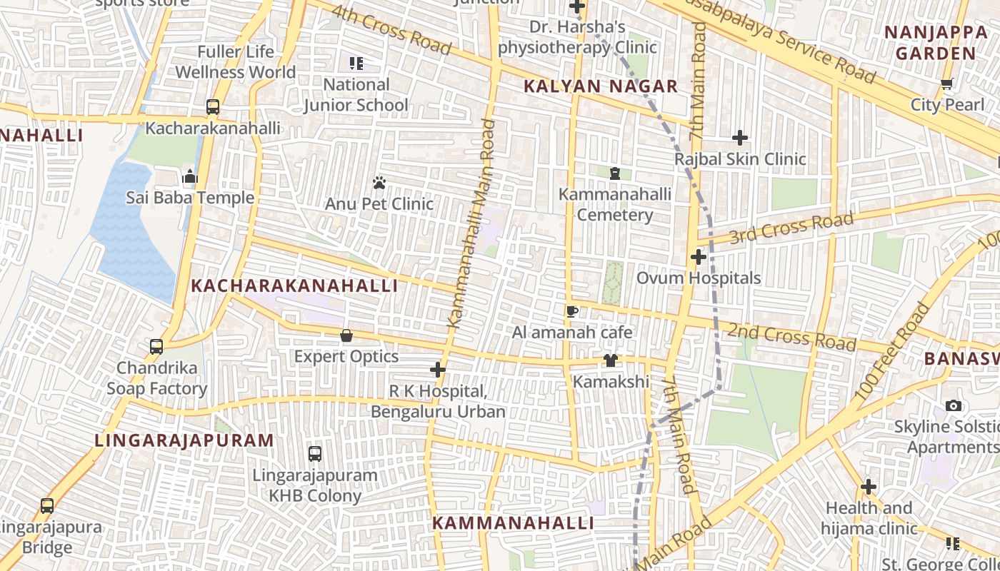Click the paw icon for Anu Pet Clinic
click(379, 183)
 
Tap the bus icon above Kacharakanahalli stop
click(212, 107)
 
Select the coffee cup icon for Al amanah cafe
click(571, 311)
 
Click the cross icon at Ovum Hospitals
click(699, 257)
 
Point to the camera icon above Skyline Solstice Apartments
click(953, 406)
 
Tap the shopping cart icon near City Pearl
click(947, 84)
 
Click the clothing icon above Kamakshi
click(611, 360)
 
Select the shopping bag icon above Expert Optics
click(346, 335)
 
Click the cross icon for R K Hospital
click(438, 370)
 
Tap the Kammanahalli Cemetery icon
click(614, 173)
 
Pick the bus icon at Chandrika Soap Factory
click(156, 347)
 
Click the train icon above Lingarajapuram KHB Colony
click(314, 454)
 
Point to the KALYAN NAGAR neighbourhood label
click(600, 87)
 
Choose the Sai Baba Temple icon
click(190, 177)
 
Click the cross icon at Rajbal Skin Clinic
click(740, 138)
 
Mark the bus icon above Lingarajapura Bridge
click(47, 506)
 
